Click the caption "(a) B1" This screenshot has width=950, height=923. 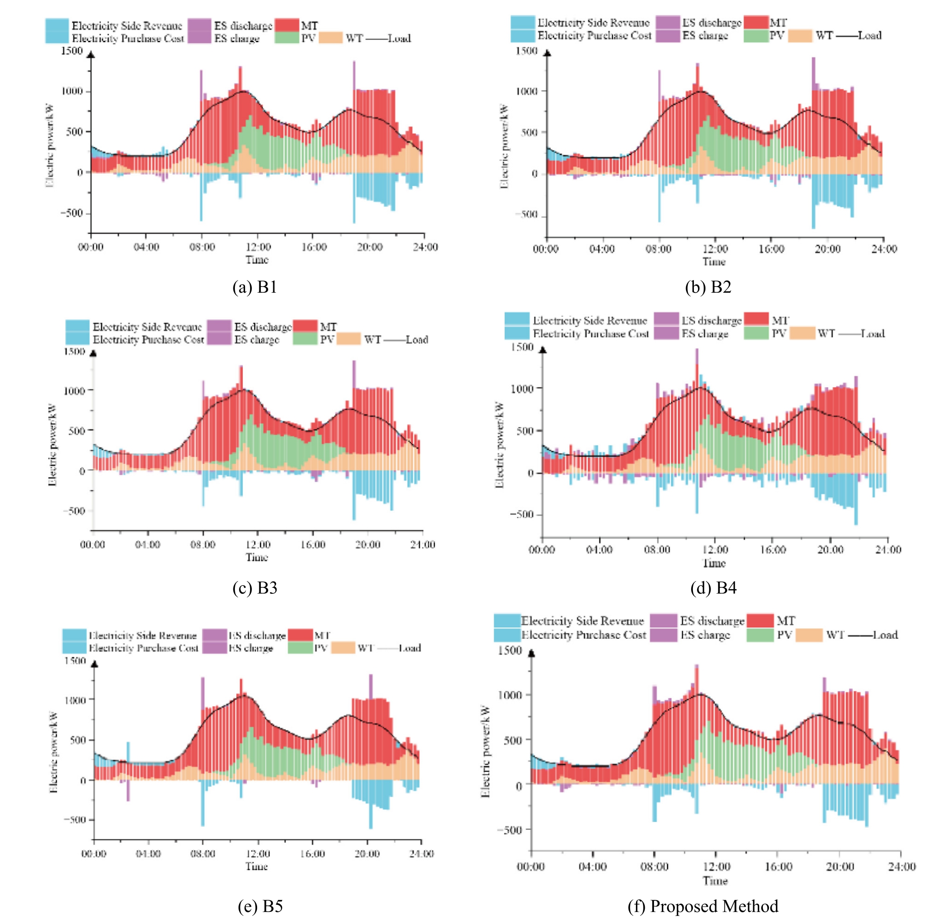click(255, 288)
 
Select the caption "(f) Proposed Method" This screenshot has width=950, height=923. click(703, 906)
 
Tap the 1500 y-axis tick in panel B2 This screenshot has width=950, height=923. click(526, 51)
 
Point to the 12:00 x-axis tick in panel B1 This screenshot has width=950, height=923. click(258, 247)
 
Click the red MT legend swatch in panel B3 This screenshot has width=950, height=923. click(305, 326)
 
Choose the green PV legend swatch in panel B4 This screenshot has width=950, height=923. click(755, 333)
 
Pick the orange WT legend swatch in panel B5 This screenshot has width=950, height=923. click(343, 647)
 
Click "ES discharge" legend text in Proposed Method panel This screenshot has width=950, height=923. click(711, 621)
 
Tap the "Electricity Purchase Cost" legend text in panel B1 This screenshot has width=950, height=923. click(128, 39)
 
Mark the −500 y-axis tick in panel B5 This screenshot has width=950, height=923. click(75, 820)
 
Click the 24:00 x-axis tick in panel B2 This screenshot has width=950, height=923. click(884, 249)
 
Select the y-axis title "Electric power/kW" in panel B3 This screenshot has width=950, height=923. click(52, 445)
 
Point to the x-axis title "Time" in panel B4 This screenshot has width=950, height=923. click(714, 563)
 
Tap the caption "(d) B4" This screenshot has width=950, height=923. click(713, 588)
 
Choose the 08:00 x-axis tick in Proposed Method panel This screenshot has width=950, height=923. click(654, 867)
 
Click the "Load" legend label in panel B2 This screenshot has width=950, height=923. click(869, 35)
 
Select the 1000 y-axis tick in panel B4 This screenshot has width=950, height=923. click(522, 388)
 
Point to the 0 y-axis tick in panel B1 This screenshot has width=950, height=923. click(80, 173)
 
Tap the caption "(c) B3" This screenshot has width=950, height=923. click(255, 588)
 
